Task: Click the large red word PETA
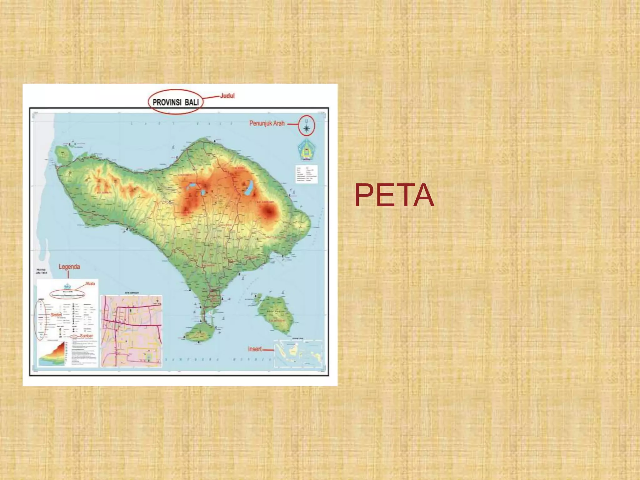[x=394, y=195]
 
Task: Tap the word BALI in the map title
[x=192, y=102]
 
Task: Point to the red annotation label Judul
[x=227, y=96]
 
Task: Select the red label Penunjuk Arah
[x=267, y=123]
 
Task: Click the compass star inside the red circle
[x=307, y=127]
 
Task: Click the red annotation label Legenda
[x=69, y=267]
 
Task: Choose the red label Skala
[x=90, y=284]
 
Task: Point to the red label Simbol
[x=56, y=315]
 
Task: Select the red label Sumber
[x=87, y=336]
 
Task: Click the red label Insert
[x=255, y=349]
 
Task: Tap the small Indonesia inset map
[x=298, y=353]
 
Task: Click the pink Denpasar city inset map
[x=131, y=331]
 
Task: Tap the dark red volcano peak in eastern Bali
[x=268, y=212]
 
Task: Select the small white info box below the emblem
[x=306, y=174]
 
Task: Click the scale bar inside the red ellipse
[x=67, y=294]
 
